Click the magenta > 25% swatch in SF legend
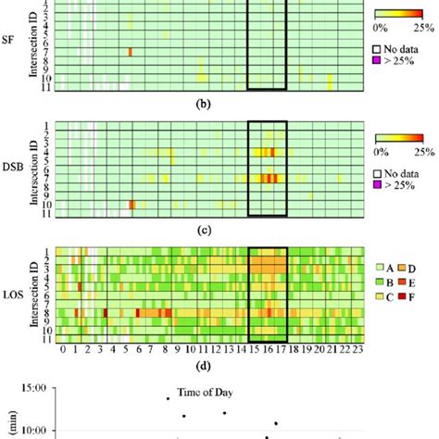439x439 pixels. click(377, 69)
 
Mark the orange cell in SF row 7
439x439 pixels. click(131, 52)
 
